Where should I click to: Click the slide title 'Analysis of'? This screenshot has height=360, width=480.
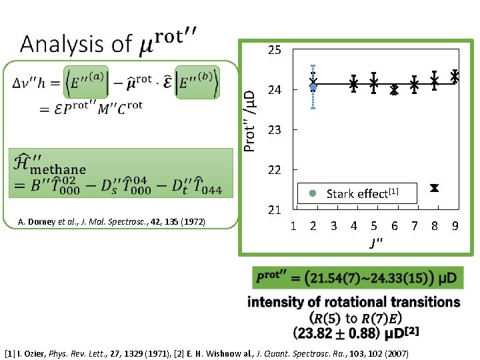(76, 44)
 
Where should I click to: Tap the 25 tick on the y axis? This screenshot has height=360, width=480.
(274, 50)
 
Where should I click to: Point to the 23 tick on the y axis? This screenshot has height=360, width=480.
(274, 130)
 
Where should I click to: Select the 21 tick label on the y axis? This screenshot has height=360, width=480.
(274, 211)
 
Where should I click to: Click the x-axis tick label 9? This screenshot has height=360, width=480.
(455, 226)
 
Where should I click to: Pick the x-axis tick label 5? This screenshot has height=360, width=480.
(374, 226)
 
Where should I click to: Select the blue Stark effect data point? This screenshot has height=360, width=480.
(313, 87)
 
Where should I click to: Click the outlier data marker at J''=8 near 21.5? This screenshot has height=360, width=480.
(434, 188)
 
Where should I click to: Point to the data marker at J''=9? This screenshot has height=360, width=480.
(455, 76)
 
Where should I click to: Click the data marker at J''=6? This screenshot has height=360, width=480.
(394, 90)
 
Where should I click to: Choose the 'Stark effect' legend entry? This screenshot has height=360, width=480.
(357, 194)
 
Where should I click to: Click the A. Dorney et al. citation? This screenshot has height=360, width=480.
(112, 221)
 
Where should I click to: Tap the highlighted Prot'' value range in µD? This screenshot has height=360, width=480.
(356, 277)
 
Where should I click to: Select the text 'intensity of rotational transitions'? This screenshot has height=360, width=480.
(353, 302)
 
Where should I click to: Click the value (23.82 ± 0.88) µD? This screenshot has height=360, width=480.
(353, 331)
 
